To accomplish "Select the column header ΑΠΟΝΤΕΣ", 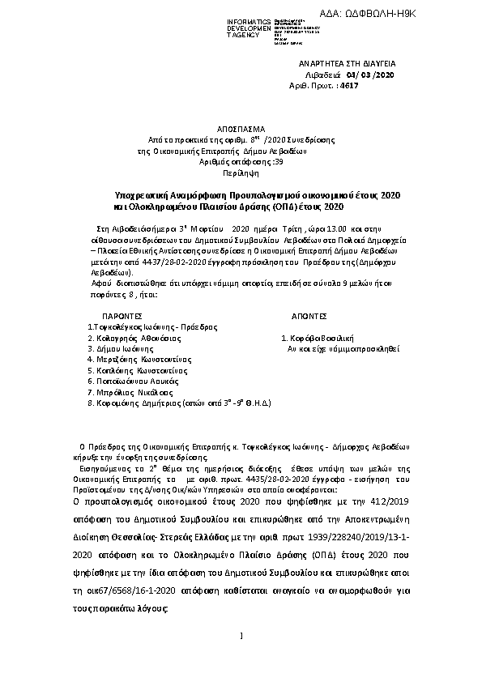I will tap(308, 316).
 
